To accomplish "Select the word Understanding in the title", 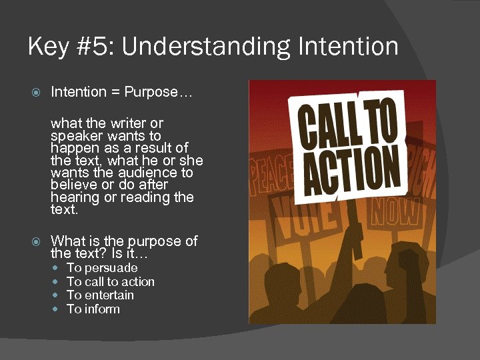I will click(197, 47).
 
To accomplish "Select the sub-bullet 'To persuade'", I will click(102, 268).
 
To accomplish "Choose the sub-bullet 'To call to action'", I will click(111, 282).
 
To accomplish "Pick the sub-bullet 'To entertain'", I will click(101, 295).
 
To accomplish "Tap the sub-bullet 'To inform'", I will click(93, 309).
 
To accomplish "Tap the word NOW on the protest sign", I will click(395, 212).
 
